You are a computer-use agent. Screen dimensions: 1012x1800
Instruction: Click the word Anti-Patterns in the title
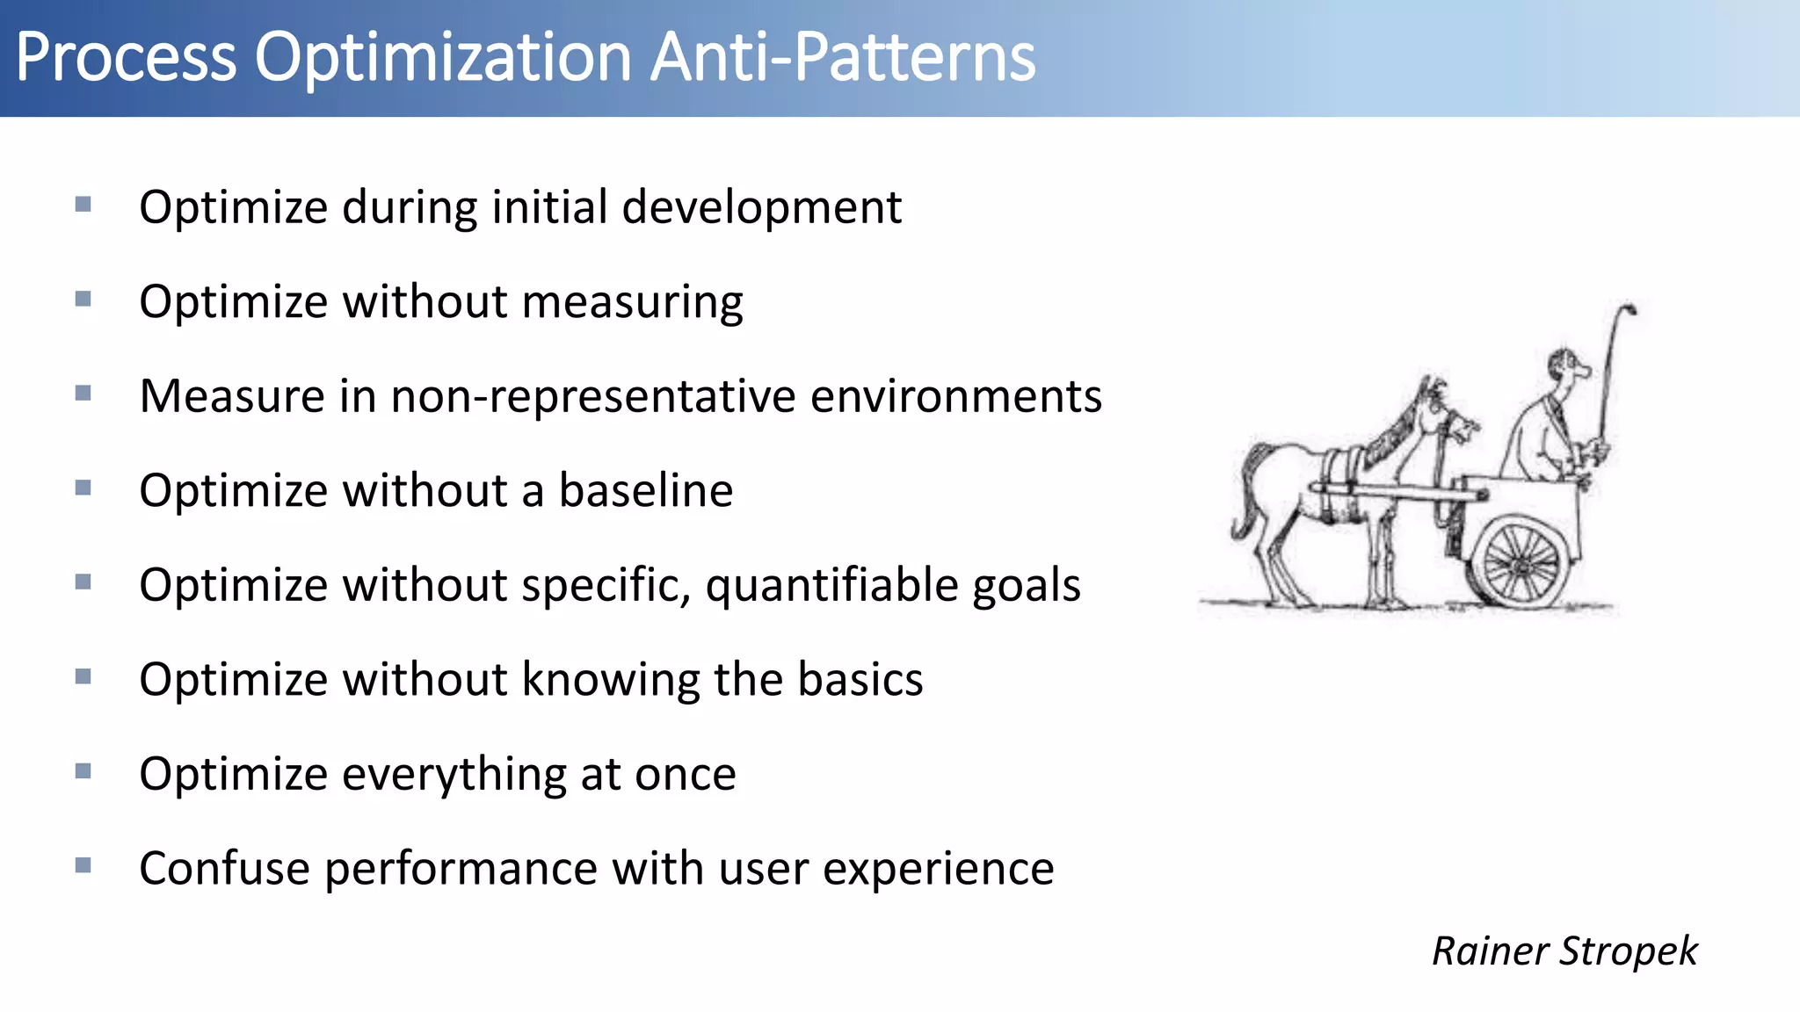[x=844, y=58]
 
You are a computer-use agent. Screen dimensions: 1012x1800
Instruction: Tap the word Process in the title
[x=126, y=58]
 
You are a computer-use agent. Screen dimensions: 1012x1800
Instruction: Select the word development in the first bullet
[x=761, y=208]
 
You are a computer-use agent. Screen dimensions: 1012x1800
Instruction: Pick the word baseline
[x=646, y=490]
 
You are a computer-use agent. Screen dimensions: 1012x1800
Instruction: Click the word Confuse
[x=224, y=869]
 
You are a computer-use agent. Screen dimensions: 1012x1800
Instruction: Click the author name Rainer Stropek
[x=1564, y=951]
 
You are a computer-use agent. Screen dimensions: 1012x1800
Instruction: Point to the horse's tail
[x=1246, y=492]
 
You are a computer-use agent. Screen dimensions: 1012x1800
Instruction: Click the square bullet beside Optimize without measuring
[x=83, y=300]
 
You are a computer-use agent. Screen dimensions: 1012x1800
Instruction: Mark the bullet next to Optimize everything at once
[x=83, y=771]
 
